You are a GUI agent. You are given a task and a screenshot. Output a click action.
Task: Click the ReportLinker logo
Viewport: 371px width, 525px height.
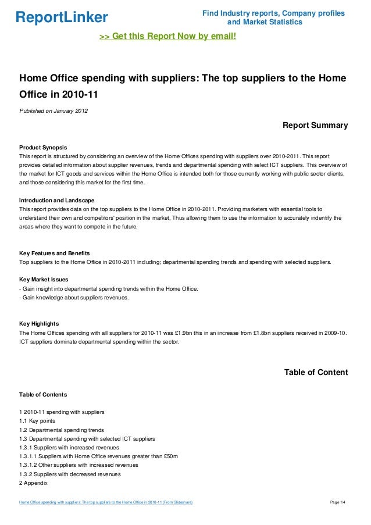[x=61, y=17]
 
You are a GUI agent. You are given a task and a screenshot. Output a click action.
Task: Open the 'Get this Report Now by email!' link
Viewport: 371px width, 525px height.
[x=168, y=37]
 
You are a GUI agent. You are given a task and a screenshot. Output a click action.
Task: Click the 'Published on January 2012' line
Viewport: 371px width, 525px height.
[x=53, y=111]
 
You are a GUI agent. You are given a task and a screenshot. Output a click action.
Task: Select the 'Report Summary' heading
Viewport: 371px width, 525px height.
[x=315, y=125]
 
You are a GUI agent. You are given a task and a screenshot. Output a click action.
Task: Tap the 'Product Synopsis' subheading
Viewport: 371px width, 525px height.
[x=47, y=147]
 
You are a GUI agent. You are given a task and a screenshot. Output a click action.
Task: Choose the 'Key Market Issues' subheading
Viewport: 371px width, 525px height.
[x=47, y=280]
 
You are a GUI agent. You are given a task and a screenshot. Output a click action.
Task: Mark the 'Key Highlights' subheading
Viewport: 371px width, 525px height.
[x=43, y=323]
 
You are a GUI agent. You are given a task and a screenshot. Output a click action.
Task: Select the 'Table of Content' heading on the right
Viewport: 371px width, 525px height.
[x=315, y=373]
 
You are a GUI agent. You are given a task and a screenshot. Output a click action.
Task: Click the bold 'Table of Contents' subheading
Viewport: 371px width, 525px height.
[x=43, y=394]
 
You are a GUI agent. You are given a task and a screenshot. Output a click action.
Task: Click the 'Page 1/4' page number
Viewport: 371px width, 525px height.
[x=338, y=502]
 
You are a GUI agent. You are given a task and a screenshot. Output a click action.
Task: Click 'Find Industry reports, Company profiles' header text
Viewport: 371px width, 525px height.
[x=273, y=13]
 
